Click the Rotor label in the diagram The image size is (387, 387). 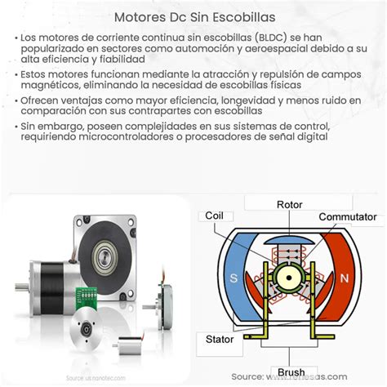coord(290,205)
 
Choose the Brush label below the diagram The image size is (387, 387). coord(291,372)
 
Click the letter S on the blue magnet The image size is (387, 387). coord(235,278)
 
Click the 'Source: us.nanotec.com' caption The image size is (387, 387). coord(91,378)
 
